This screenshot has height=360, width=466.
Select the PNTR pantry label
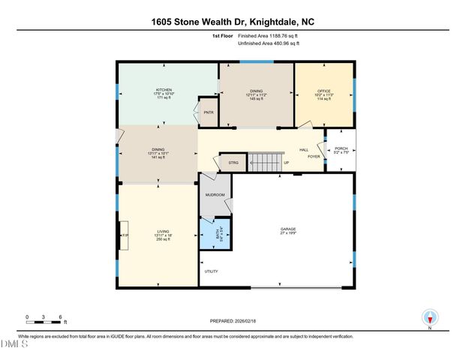(209, 112)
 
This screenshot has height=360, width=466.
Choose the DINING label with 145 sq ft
(256, 91)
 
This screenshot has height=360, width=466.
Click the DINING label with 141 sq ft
(158, 150)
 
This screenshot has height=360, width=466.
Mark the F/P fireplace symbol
(125, 235)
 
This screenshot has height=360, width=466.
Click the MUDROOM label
(215, 195)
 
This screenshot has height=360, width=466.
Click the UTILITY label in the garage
(211, 271)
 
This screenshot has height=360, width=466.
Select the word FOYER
(313, 157)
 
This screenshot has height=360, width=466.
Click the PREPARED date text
(233, 321)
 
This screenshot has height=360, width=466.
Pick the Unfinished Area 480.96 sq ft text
(269, 43)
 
